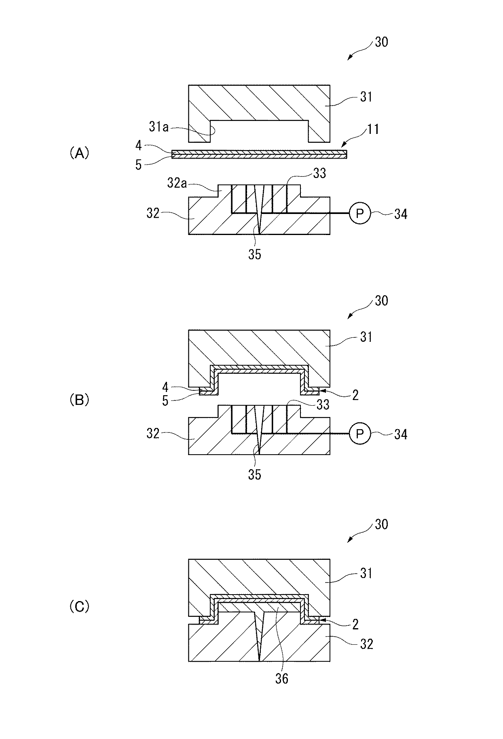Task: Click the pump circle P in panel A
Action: pos(359,214)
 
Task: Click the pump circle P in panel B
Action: pos(359,434)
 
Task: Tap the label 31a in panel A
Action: pos(158,127)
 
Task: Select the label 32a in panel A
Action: pos(177,184)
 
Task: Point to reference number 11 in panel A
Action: pos(373,129)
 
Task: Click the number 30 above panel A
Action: pos(381,42)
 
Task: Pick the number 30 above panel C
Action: pos(381,524)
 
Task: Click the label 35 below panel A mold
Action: pos(255,254)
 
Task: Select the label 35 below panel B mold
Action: pos(255,475)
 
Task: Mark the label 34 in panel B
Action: pos(400,434)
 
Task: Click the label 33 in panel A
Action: pos(319,174)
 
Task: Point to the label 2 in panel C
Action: pos(355,624)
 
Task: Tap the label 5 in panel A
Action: pos(139,165)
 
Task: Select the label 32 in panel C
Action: pos(366,644)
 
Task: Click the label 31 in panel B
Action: pos(366,337)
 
